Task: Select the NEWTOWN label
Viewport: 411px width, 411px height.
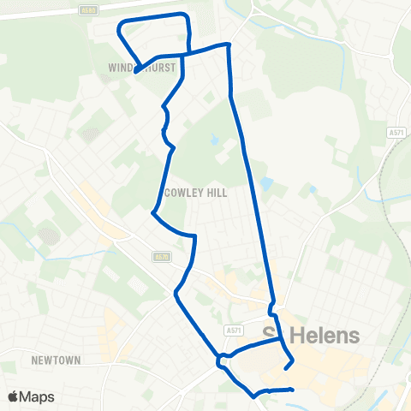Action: tap(56, 360)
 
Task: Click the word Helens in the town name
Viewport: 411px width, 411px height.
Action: tap(325, 336)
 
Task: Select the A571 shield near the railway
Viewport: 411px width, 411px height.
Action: tap(395, 134)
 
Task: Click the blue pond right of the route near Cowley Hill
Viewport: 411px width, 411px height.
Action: tap(267, 183)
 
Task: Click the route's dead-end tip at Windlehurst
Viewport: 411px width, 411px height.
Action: tap(136, 72)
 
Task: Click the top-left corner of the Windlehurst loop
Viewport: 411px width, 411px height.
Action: tap(118, 23)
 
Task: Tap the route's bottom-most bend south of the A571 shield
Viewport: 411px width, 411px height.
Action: tap(253, 396)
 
